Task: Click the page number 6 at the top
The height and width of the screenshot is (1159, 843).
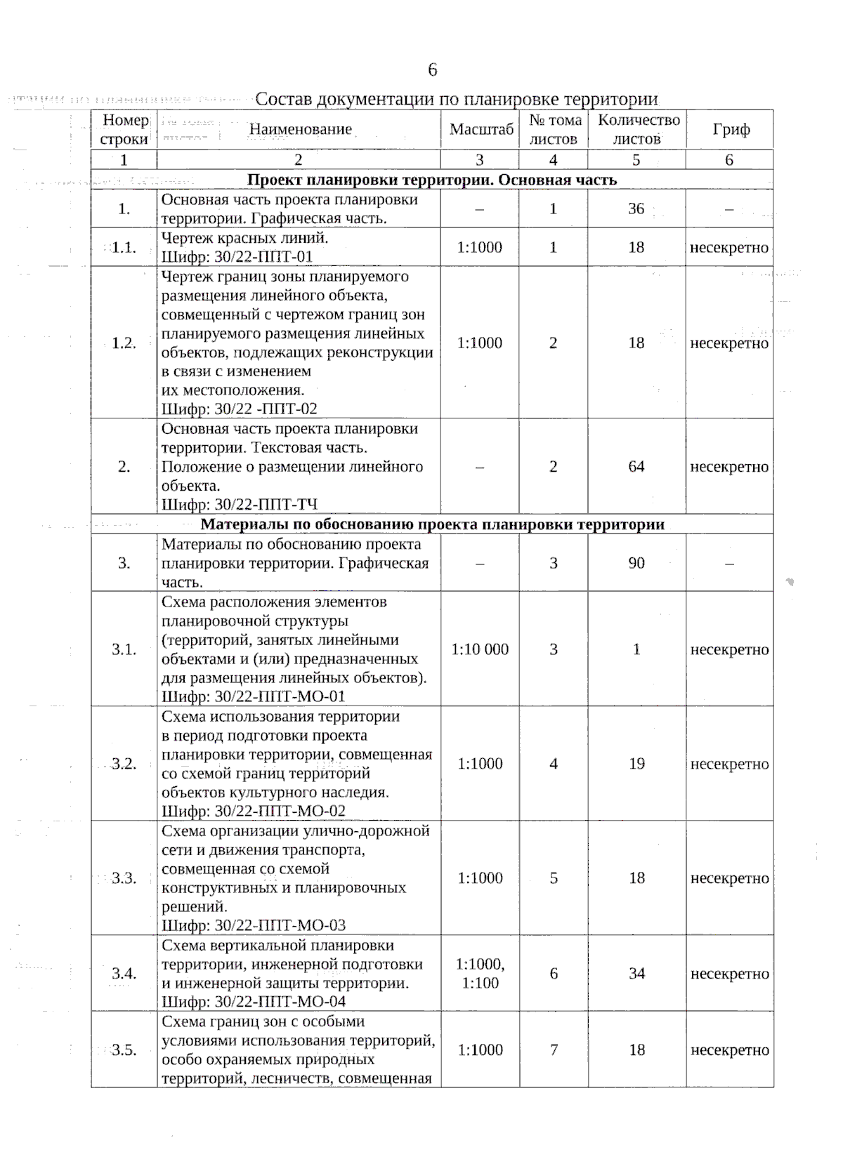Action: tap(432, 69)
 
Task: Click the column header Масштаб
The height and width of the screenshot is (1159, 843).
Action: tap(481, 129)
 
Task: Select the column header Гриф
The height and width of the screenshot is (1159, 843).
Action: tap(731, 129)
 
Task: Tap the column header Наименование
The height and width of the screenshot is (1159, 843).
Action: tap(300, 129)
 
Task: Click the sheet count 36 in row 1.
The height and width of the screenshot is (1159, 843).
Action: tap(636, 208)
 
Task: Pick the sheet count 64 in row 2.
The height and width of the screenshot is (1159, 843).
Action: tap(636, 467)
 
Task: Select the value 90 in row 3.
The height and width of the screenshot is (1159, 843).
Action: tap(636, 563)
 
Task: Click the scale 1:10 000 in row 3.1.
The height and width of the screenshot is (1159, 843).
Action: tap(480, 649)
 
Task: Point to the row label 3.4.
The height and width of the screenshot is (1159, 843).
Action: tap(124, 974)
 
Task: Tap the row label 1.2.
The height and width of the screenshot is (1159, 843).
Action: tap(124, 343)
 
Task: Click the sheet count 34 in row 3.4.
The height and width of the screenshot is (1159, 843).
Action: tap(636, 974)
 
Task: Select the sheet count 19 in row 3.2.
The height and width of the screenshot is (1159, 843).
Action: tap(636, 764)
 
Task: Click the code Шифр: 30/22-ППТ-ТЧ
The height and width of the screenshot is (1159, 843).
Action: tap(239, 505)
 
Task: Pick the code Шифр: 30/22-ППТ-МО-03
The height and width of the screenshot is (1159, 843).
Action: tap(253, 925)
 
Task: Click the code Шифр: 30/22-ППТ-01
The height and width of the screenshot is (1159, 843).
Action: tap(237, 257)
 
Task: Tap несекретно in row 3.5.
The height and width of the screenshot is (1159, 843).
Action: tap(729, 1050)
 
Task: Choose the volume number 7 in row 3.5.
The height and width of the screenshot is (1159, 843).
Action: tap(554, 1050)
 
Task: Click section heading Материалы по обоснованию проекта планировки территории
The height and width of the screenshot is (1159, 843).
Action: tap(432, 524)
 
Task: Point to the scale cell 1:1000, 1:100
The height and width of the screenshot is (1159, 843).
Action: tap(480, 974)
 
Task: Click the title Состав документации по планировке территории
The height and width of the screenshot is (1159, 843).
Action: tap(456, 99)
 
